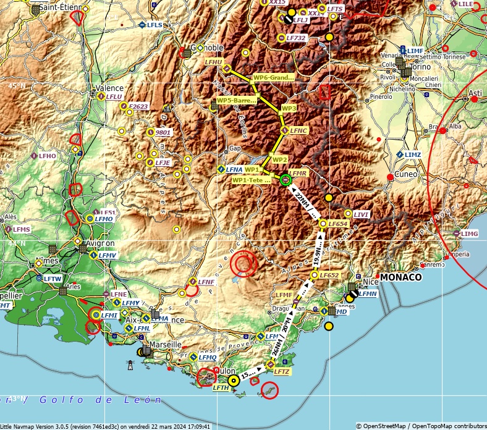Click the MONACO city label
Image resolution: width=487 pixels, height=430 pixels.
point(400,277)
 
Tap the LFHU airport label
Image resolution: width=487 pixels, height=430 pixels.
point(213,62)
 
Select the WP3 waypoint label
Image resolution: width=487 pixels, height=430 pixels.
point(289,108)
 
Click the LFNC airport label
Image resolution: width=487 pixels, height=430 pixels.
point(299,130)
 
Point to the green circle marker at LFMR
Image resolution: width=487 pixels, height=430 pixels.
point(285,180)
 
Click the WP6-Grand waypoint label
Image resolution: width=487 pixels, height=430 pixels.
point(273,78)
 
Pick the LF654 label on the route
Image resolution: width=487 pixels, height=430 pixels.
point(339,223)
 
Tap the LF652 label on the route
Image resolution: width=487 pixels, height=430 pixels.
point(329,275)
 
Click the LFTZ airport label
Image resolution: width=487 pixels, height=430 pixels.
point(282,371)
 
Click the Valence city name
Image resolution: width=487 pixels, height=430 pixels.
point(109,88)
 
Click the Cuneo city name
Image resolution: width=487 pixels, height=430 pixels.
point(405,174)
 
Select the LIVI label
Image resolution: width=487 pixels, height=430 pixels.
point(362,214)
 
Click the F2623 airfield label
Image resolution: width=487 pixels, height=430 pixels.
point(138,107)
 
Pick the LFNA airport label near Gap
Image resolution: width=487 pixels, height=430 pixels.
point(234,169)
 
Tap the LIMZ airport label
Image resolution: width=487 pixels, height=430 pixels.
point(413,154)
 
